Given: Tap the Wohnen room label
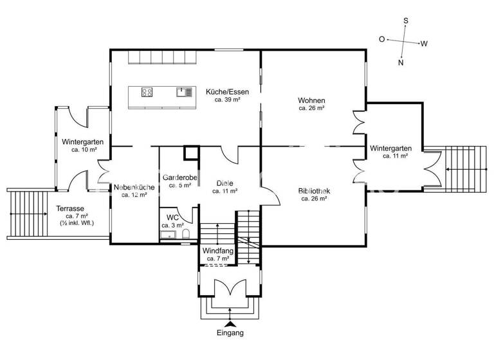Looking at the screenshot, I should pyautogui.click(x=311, y=101).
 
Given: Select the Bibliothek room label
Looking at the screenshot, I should pyautogui.click(x=315, y=191).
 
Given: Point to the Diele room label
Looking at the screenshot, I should pyautogui.click(x=224, y=183).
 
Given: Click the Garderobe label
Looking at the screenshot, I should pyautogui.click(x=179, y=177).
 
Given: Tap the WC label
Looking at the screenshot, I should pyautogui.click(x=172, y=218).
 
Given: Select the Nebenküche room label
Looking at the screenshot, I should pyautogui.click(x=134, y=187).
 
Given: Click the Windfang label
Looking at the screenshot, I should pyautogui.click(x=218, y=250).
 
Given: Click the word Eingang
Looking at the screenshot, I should pyautogui.click(x=230, y=334).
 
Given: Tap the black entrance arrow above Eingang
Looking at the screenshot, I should pyautogui.click(x=230, y=323).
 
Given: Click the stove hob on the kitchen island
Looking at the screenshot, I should pyautogui.click(x=147, y=92).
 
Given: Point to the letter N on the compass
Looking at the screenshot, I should pyautogui.click(x=401, y=62).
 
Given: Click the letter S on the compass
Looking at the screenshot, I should pyautogui.click(x=405, y=21).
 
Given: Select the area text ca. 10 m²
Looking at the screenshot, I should pyautogui.click(x=84, y=149).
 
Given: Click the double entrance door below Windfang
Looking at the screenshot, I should pyautogui.click(x=230, y=289).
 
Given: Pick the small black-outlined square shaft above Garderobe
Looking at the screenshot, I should pyautogui.click(x=190, y=153).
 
